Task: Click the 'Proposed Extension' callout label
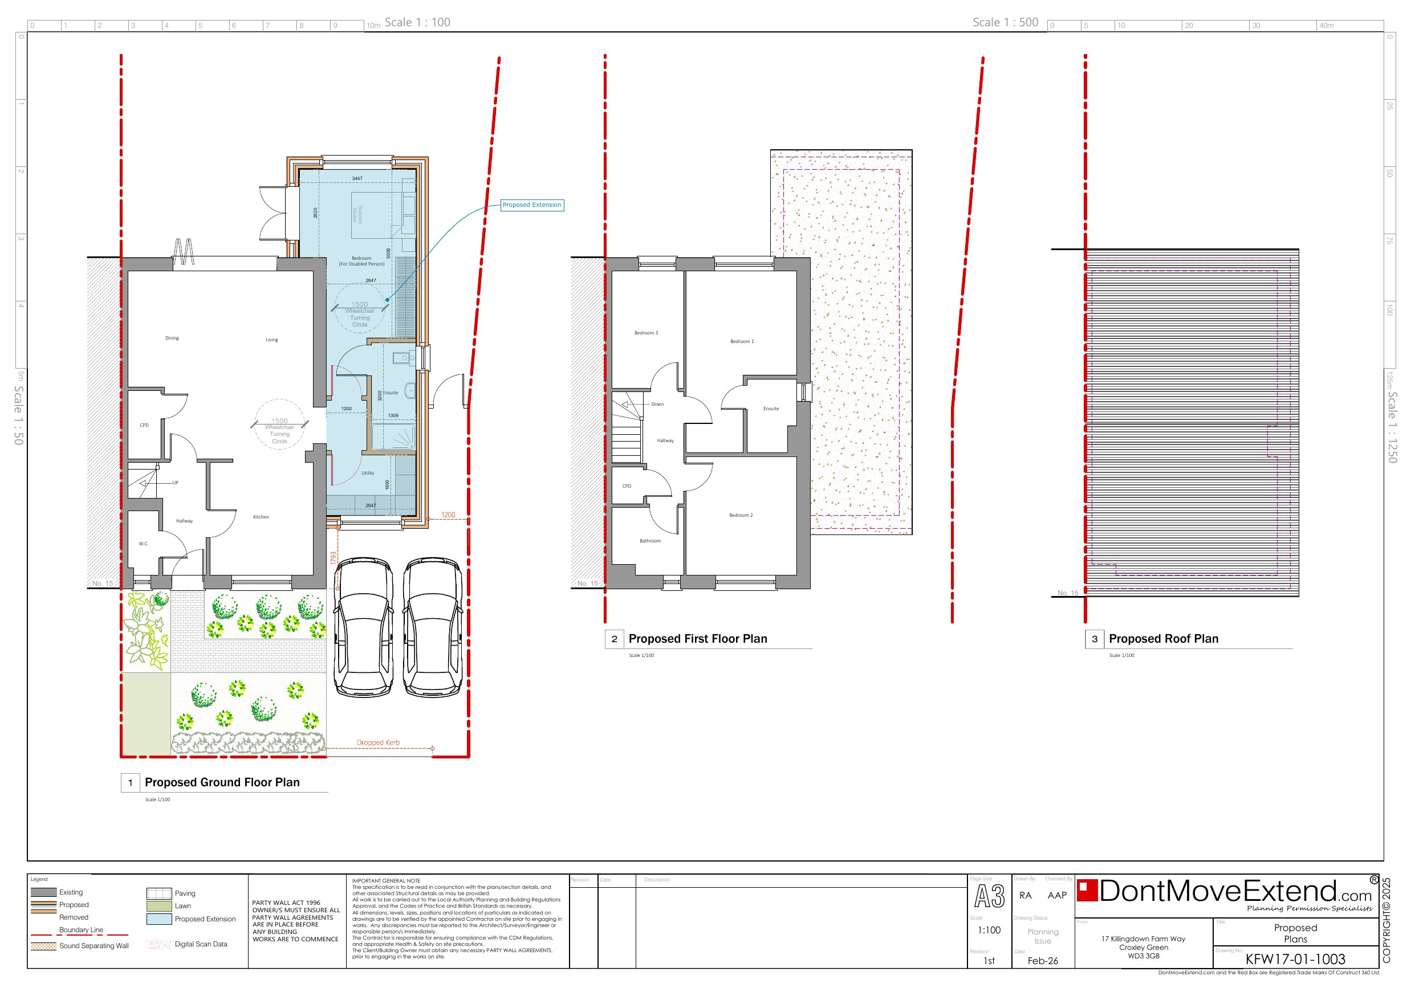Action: [531, 205]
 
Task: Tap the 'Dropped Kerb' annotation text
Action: [378, 742]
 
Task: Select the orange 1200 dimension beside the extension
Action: [448, 515]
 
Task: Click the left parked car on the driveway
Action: [364, 627]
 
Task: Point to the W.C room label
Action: [143, 544]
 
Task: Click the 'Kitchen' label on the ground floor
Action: [261, 517]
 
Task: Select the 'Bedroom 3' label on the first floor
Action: [646, 333]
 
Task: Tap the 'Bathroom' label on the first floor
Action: [649, 541]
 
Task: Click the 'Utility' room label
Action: [367, 473]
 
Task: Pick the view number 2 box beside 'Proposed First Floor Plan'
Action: [614, 639]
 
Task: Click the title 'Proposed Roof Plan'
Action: [1163, 639]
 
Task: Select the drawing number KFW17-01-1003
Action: [1295, 959]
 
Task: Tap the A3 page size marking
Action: [989, 896]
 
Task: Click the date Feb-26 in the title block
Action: [1042, 961]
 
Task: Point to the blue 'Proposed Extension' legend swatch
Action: [158, 919]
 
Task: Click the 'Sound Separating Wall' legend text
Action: [93, 946]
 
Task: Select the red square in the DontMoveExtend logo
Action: [1087, 891]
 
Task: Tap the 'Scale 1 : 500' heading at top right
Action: [1005, 22]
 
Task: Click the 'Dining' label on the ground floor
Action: [172, 338]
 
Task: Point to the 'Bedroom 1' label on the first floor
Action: [741, 341]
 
